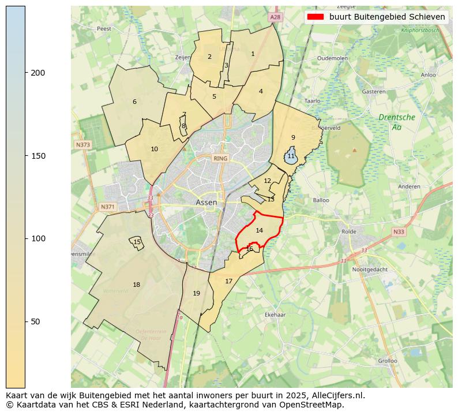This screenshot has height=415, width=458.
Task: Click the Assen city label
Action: pyautogui.click(x=206, y=203)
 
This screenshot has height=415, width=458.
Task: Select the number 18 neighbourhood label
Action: pyautogui.click(x=136, y=285)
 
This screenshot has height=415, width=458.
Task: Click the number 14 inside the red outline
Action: pyautogui.click(x=260, y=230)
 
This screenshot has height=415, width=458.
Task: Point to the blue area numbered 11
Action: pyautogui.click(x=291, y=156)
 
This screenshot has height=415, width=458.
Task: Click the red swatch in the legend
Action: pyautogui.click(x=315, y=17)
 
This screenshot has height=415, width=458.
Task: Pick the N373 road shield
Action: pyautogui.click(x=82, y=145)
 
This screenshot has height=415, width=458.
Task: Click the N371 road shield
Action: pyautogui.click(x=107, y=207)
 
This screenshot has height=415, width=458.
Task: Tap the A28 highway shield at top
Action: pyautogui.click(x=275, y=18)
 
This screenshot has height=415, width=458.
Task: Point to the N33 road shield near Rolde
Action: pyautogui.click(x=398, y=232)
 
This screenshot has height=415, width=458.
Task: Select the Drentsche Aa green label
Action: pyautogui.click(x=396, y=122)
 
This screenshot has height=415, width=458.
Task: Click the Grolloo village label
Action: pyautogui.click(x=387, y=361)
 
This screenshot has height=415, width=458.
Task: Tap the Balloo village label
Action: pyautogui.click(x=321, y=200)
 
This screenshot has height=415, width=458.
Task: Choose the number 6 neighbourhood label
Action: pyautogui.click(x=134, y=102)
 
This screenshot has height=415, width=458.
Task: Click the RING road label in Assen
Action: pyautogui.click(x=220, y=158)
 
